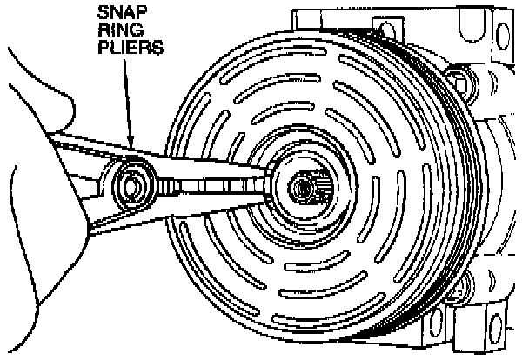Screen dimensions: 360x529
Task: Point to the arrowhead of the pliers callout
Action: [x=130, y=143]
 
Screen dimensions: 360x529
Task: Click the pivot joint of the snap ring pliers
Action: [x=133, y=183]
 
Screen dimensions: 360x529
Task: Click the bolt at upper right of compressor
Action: [x=469, y=86]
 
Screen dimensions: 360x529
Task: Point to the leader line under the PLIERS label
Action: [x=127, y=96]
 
